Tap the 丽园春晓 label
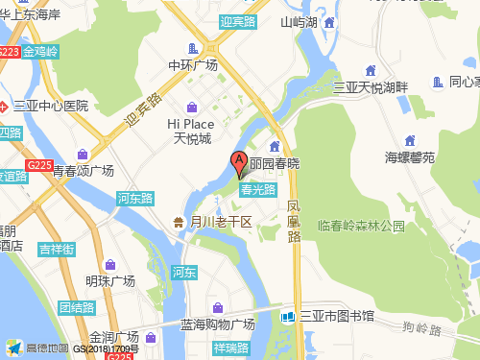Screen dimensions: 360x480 pos(275,164)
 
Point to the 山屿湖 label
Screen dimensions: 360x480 pos(299,22)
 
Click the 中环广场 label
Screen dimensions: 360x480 pos(192,65)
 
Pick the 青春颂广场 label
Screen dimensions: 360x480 pos(83,171)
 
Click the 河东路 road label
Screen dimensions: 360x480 pos(134,198)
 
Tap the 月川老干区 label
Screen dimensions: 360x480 pos(220,222)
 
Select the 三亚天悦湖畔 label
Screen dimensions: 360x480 pos(371,87)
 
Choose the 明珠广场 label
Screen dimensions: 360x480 pos(109,281)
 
